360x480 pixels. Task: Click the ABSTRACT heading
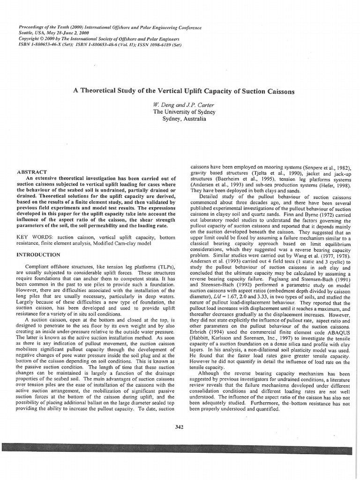(32, 172)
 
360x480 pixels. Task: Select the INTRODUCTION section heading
(38, 255)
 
